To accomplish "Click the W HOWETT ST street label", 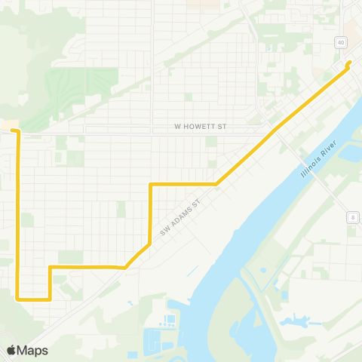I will click(201, 127).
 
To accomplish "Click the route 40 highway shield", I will click(342, 43).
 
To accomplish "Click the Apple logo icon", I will click(11, 350).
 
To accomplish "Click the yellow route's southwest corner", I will click(19, 299).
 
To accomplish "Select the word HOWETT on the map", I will click(200, 127).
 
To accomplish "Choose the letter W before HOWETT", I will click(178, 127).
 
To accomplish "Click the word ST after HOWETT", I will click(222, 127).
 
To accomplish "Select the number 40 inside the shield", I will click(342, 43).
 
